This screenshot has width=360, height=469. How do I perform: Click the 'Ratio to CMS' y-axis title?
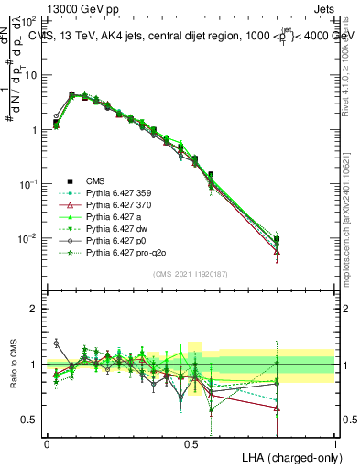[x=16, y=364]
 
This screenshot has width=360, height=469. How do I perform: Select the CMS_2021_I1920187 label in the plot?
[x=190, y=275]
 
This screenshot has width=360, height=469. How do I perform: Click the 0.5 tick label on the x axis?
[x=191, y=442]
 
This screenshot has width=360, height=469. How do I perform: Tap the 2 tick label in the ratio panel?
[x=34, y=309]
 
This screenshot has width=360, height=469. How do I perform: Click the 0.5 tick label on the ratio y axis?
[x=29, y=420]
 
